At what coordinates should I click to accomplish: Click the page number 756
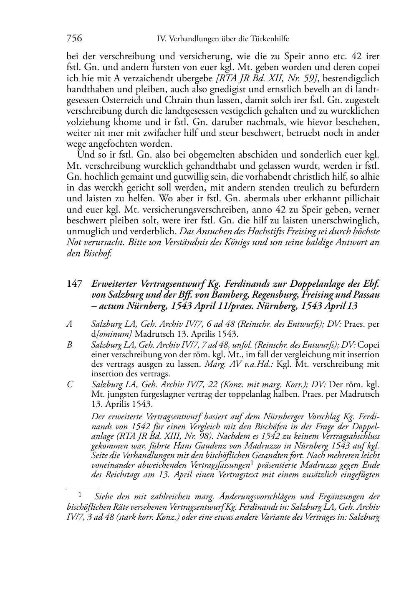tap(74, 39)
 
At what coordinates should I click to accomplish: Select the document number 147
tap(74, 285)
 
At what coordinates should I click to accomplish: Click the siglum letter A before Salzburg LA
tap(70, 324)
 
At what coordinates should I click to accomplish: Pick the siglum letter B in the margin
tap(70, 345)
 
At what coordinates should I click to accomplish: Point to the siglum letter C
tap(70, 384)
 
